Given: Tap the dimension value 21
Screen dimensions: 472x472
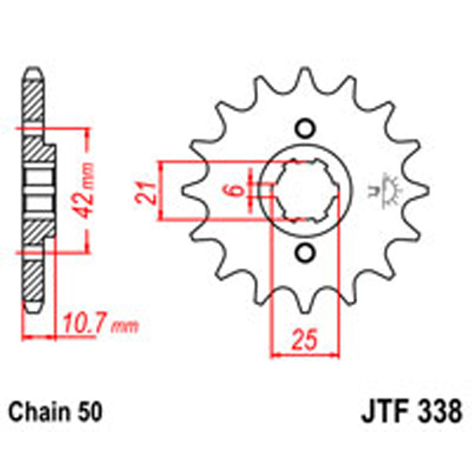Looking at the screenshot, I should tap(144, 191).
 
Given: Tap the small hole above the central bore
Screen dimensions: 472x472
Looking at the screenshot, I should tap(305, 128).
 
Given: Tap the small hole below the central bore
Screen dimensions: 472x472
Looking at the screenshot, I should tap(305, 253).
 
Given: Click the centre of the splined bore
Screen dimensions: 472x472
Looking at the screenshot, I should tap(305, 191).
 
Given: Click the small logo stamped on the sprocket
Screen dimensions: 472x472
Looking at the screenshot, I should tap(388, 190).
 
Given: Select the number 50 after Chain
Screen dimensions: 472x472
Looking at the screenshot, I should tap(90, 411).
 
